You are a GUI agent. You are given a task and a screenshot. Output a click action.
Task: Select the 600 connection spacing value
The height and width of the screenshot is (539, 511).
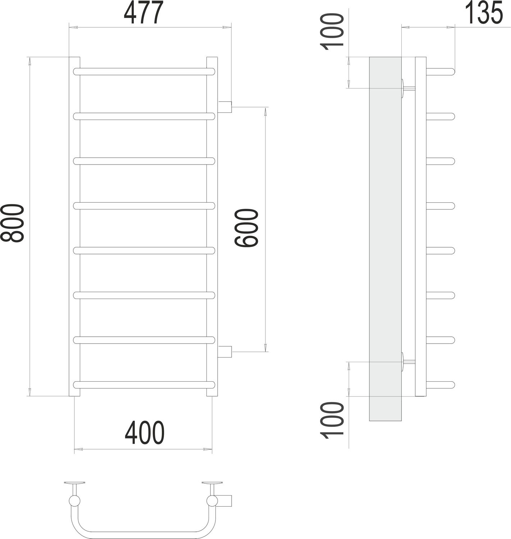click(x=247, y=229)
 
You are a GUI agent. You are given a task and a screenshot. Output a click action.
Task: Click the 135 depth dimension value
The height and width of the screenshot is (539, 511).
click(x=485, y=13)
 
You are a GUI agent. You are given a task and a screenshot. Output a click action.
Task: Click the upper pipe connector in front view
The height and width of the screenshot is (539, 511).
click(x=225, y=107)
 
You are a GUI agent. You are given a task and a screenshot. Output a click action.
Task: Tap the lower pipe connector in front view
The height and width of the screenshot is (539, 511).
click(x=225, y=352)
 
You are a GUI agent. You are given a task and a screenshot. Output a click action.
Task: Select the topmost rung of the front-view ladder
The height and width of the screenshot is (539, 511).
click(x=144, y=72)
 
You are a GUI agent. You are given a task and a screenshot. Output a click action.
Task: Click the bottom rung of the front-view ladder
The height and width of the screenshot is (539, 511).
click(x=144, y=384)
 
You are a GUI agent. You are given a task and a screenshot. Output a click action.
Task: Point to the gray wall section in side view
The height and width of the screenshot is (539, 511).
click(x=385, y=237)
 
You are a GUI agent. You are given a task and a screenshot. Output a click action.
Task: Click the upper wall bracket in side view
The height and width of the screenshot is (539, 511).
click(x=407, y=88)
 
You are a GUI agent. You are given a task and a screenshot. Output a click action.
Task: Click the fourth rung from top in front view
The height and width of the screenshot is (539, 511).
click(x=144, y=206)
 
